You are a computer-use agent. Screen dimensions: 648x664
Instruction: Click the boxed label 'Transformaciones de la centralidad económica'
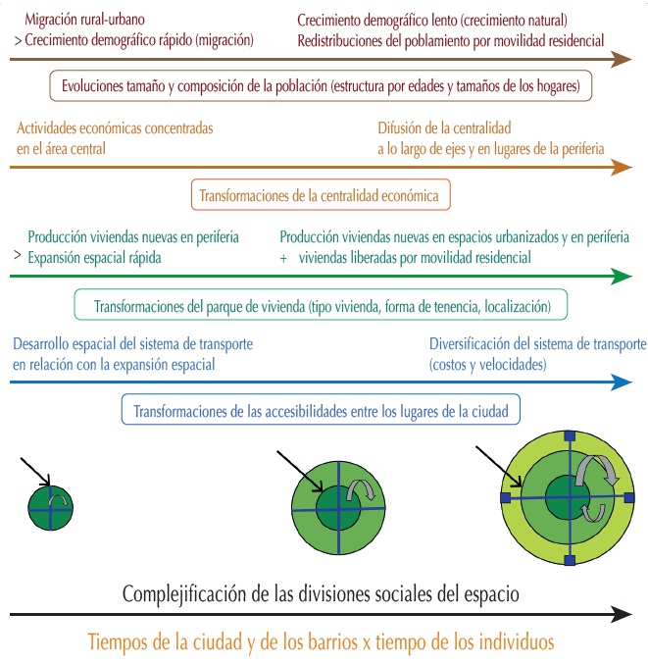324,195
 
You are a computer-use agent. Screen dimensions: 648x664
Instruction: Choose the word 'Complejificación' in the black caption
182,594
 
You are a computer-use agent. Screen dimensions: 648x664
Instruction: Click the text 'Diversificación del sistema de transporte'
537,345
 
